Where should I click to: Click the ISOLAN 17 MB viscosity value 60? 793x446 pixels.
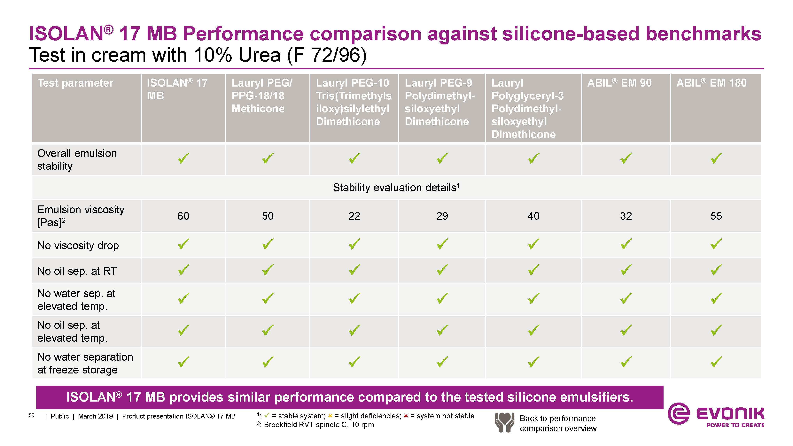pos(183,216)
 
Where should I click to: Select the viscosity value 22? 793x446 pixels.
pos(354,216)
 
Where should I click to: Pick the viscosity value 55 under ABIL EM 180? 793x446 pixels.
pos(716,216)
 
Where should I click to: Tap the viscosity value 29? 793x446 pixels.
pos(442,216)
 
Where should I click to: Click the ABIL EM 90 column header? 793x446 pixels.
pos(619,83)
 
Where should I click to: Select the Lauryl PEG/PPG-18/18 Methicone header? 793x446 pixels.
pos(262,96)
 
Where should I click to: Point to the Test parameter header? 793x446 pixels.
pos(75,83)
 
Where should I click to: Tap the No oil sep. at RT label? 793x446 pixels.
pos(77,271)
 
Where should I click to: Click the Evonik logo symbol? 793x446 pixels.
pos(679,413)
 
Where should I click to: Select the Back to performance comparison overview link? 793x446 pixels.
pos(558,423)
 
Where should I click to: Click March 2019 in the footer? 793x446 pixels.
pos(95,416)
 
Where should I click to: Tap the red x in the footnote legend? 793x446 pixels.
pos(406,416)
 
